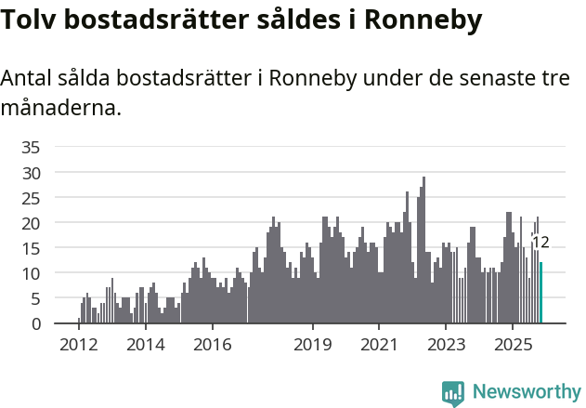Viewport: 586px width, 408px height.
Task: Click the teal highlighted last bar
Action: point(540,293)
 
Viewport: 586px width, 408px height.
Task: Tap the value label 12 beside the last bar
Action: point(540,243)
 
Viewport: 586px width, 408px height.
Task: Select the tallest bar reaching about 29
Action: point(423,251)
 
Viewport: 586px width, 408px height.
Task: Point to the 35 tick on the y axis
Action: point(31,147)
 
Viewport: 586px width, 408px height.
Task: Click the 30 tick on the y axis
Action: point(31,173)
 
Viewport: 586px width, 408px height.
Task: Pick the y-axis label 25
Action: point(31,198)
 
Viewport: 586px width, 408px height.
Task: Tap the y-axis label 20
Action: point(31,223)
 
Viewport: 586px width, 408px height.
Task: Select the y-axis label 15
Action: point(31,248)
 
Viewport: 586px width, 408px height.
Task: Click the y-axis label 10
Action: point(31,273)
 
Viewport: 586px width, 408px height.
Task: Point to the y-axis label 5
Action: point(35,298)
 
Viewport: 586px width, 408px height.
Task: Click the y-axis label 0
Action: point(35,323)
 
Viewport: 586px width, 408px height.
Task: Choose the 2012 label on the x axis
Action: point(79,344)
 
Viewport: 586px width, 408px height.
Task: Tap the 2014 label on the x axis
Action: point(145,344)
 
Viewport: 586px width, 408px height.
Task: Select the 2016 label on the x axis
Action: point(212,344)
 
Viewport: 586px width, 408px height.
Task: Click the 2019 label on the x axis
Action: point(313,344)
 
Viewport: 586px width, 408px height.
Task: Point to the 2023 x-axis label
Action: point(446,344)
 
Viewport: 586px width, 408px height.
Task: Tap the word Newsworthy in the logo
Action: point(527,391)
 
